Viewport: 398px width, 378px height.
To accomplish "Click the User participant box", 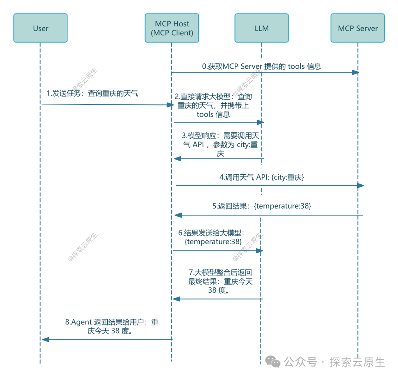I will (x=41, y=28).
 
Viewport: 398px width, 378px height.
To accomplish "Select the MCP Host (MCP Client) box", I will (x=172, y=28).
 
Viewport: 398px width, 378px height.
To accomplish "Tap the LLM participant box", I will (x=261, y=28).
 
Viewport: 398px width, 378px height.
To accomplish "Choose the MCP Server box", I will (x=357, y=28).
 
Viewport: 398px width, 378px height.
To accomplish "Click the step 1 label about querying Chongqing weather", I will (x=92, y=93).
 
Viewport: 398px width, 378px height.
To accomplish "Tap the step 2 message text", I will (x=213, y=106).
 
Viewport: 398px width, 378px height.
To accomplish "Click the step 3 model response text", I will (x=220, y=145).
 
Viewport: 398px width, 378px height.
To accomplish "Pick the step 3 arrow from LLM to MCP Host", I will (x=219, y=158).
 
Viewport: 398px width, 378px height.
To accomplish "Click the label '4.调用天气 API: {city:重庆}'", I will (x=262, y=177).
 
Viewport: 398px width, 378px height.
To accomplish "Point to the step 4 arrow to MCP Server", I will (x=269, y=186).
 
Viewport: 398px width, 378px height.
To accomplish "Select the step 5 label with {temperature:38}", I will (x=262, y=206).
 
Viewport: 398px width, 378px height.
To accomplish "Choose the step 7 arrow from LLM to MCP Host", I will (x=218, y=299).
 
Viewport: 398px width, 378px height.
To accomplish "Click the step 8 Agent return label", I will (x=112, y=326).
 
